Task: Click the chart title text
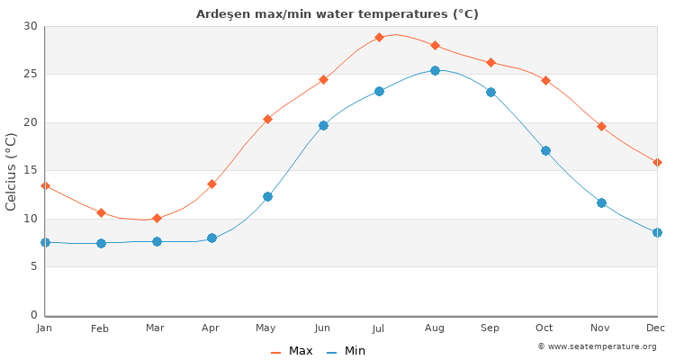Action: pos(337,14)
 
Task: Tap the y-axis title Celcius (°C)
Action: pos(12,171)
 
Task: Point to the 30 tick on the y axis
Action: pos(31,26)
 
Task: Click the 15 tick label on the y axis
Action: pos(31,170)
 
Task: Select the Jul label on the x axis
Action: pos(378,328)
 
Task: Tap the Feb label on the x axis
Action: pos(100,328)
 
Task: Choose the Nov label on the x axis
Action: pos(600,328)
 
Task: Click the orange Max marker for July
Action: pos(379,37)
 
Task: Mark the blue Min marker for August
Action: pos(435,70)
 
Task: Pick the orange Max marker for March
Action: pos(157,218)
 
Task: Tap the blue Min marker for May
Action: pos(267,196)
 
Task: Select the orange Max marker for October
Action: pos(545,80)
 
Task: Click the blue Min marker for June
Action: pos(323,125)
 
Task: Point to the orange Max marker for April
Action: pos(211,184)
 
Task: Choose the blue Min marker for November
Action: pos(601,202)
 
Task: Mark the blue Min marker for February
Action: pos(101,243)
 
